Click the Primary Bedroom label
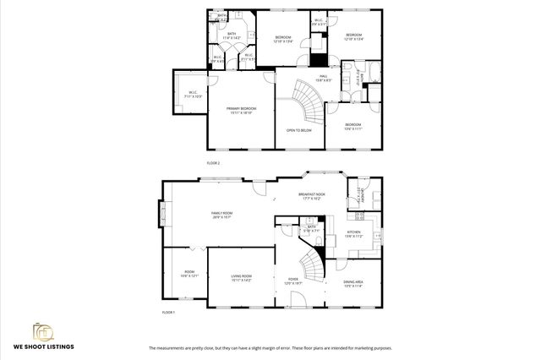point(241,110)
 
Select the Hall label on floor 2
point(323,79)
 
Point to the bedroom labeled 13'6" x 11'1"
point(352,126)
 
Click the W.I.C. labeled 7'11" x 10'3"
point(192,95)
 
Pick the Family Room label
point(221,215)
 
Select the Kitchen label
point(353,234)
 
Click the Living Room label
point(241,278)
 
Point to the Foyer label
point(292,281)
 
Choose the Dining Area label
point(353,283)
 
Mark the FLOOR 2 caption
point(213,162)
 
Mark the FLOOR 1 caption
point(167,313)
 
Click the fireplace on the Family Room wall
point(161,216)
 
